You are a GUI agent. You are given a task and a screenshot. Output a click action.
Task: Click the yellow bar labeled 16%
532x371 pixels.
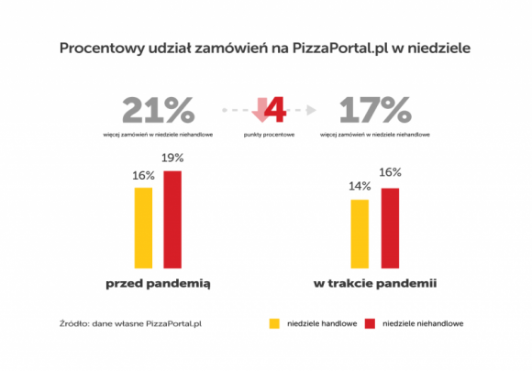click(143, 226)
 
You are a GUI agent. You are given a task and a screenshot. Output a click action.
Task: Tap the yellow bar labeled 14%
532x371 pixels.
click(359, 232)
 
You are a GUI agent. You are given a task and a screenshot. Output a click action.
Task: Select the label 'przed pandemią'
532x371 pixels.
click(157, 284)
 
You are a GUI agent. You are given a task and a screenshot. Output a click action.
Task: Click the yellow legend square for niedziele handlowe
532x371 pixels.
click(273, 323)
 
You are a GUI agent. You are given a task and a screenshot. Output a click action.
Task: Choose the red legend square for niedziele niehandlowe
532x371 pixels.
click(371, 323)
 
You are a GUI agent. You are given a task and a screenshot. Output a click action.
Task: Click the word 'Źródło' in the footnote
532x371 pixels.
click(72, 323)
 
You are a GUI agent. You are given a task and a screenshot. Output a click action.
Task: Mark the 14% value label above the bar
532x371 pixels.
click(359, 186)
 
